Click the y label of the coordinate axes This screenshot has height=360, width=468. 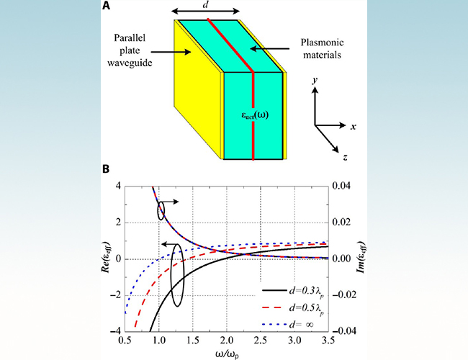[315, 83]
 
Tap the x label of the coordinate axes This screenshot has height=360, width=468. [355, 125]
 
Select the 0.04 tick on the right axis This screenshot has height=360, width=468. [342, 186]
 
